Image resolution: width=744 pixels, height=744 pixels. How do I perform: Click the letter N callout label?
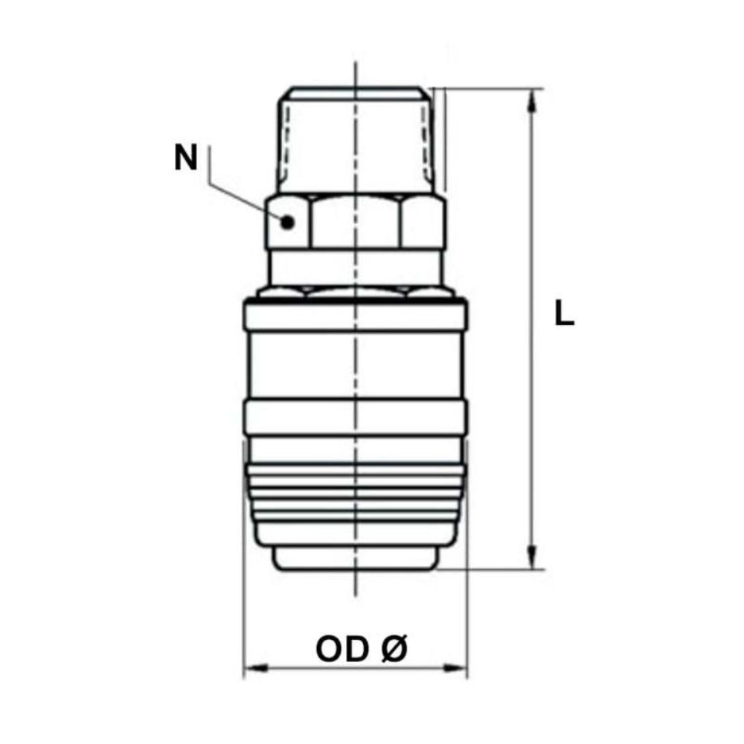[186, 158]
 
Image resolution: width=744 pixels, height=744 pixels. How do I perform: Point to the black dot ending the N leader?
[288, 221]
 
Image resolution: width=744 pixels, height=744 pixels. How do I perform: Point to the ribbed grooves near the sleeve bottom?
[356, 498]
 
